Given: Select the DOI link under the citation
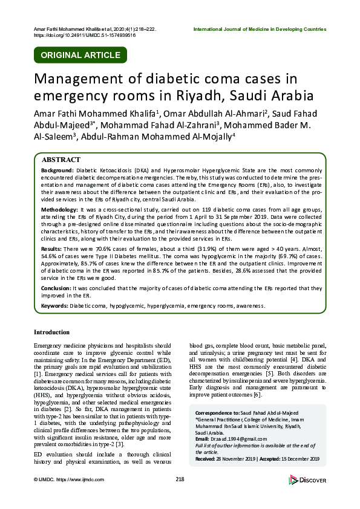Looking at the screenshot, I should tap(85, 36).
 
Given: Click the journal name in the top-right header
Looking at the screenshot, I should tap(260, 29).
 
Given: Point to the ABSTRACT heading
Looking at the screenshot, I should tap(60, 160).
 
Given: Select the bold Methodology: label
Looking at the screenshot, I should tap(59, 208).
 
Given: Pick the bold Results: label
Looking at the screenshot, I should tap(51, 249).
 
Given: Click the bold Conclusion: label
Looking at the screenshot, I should tap(55, 290).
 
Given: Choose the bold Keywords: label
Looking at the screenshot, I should tap(54, 306).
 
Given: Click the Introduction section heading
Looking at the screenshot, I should tap(51, 332).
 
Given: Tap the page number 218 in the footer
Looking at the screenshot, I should tap(180, 479).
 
